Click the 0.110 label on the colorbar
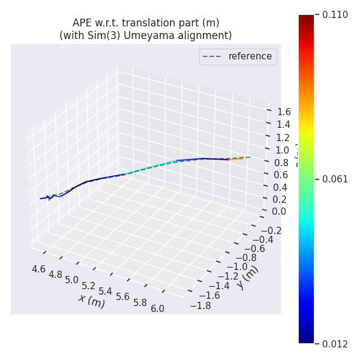point(335,15)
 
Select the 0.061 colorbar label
point(335,179)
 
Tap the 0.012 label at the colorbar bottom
point(335,344)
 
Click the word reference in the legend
point(250,56)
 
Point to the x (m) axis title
point(91,301)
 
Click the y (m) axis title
point(247,277)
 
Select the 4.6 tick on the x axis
point(38,269)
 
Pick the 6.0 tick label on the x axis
point(158,308)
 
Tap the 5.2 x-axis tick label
point(89,286)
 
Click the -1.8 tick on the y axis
point(200,305)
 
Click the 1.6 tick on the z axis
point(284,112)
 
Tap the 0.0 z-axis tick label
point(278,211)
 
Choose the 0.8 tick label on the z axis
point(281,162)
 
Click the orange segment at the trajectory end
point(236,160)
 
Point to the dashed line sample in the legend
point(212,56)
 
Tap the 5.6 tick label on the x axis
point(123,297)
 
